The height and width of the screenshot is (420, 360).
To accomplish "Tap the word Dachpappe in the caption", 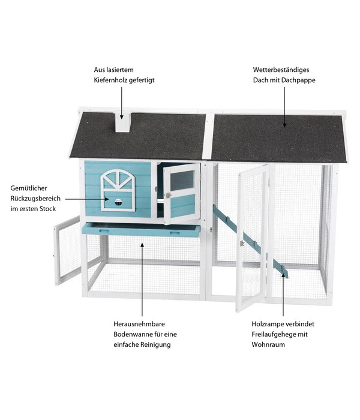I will (x=300, y=80).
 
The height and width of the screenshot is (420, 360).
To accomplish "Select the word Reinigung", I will (x=153, y=344).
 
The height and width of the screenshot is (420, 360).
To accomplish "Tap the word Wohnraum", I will (x=268, y=344).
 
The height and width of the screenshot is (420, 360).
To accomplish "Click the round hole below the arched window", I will (x=118, y=201).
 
